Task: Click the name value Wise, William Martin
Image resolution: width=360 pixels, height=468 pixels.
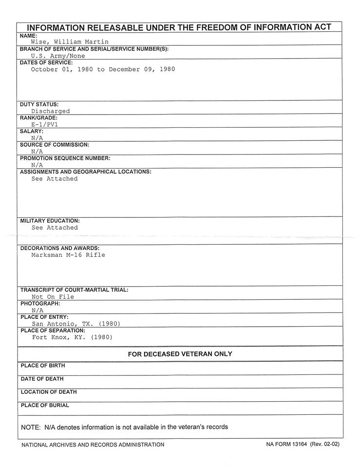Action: pyautogui.click(x=70, y=42)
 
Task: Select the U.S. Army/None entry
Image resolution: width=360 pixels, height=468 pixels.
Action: pyautogui.click(x=57, y=56)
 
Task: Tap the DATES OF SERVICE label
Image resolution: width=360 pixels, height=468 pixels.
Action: pyautogui.click(x=46, y=62)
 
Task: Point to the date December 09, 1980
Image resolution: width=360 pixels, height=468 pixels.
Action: pyautogui.click(x=142, y=69)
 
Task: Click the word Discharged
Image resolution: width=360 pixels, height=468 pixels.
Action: pyautogui.click(x=51, y=111)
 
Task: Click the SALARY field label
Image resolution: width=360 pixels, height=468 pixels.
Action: pyautogui.click(x=32, y=132)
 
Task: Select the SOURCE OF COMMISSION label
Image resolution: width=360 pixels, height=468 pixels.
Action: pyautogui.click(x=55, y=145)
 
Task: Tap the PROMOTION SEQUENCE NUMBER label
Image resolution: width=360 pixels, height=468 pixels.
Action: pyautogui.click(x=65, y=158)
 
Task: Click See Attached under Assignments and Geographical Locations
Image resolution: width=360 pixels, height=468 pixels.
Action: pyautogui.click(x=55, y=179)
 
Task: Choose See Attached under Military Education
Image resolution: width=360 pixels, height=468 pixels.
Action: pyautogui.click(x=55, y=228)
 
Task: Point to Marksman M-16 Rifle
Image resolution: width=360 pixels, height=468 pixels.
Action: pyautogui.click(x=68, y=255)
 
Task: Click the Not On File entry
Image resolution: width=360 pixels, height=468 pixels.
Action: pyautogui.click(x=53, y=296)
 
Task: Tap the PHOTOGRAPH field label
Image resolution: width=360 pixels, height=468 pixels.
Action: pyautogui.click(x=40, y=303)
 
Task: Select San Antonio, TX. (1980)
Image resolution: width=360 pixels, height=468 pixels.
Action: pyautogui.click(x=76, y=324)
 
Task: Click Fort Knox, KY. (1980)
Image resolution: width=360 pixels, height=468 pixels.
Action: pyautogui.click(x=72, y=337)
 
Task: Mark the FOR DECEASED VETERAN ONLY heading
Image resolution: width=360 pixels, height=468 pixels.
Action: pyautogui.click(x=180, y=354)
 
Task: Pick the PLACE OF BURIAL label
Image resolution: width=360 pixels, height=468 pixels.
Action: pyautogui.click(x=45, y=405)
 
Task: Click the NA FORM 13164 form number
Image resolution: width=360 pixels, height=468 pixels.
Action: pyautogui.click(x=287, y=445)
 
